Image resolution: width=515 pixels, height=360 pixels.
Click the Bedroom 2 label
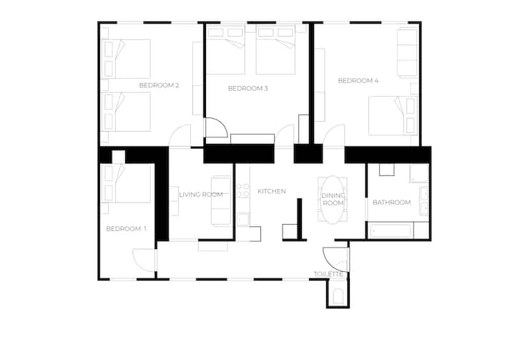159,85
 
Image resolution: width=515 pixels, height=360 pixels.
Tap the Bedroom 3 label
248,89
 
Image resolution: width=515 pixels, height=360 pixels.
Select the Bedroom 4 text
358,81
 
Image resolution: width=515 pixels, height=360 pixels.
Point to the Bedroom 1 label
126,229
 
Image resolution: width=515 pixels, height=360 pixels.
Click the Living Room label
201,195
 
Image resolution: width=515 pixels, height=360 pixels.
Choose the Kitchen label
272,191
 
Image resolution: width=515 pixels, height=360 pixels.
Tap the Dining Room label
333,200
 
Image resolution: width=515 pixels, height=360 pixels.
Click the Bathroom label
392,203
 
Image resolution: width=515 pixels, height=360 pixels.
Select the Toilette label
328,274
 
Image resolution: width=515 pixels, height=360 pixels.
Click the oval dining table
333,200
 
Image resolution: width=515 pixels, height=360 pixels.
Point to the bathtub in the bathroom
391,230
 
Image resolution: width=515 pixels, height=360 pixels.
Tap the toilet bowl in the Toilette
338,296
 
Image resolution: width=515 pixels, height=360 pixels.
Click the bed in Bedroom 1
126,184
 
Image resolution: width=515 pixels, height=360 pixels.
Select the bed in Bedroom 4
393,116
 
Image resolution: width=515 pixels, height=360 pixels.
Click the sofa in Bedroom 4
408,53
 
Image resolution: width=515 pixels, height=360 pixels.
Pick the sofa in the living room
221,201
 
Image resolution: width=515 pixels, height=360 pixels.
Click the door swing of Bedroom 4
334,134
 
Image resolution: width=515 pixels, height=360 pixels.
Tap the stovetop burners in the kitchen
243,190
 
